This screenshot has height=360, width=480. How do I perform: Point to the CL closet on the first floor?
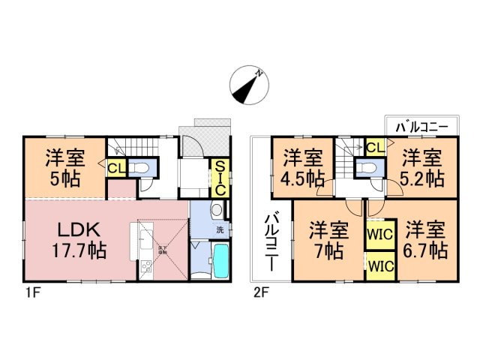click(x=116, y=169)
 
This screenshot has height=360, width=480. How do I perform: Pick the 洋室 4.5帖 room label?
click(x=303, y=168)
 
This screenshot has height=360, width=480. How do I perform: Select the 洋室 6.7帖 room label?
click(x=424, y=238)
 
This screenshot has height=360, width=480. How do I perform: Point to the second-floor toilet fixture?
click(x=367, y=167)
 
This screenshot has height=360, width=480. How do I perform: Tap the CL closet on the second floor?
click(x=375, y=147)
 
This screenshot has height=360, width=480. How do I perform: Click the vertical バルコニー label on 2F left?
click(x=269, y=242)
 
